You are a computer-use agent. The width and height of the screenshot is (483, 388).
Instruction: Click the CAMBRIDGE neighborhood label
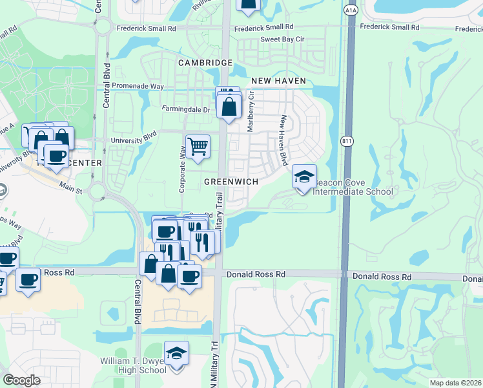[x=205, y=63]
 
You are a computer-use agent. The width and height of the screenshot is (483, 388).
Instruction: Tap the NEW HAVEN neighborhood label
[x=278, y=81]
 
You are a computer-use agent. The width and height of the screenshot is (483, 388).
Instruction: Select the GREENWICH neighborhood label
[x=231, y=182]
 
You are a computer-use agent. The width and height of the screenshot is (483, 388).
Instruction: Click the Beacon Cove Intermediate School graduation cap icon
[x=305, y=177]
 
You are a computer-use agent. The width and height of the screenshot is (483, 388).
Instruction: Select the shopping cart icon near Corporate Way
[x=198, y=145]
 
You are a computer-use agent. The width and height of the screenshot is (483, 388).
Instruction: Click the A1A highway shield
[x=351, y=10]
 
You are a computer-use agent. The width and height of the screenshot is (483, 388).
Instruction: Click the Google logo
[x=22, y=380]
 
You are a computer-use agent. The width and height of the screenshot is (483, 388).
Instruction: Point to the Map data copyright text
[x=455, y=383]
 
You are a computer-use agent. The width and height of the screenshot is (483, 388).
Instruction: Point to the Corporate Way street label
[x=183, y=169]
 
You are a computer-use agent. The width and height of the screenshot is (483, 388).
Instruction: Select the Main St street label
[x=71, y=191]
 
